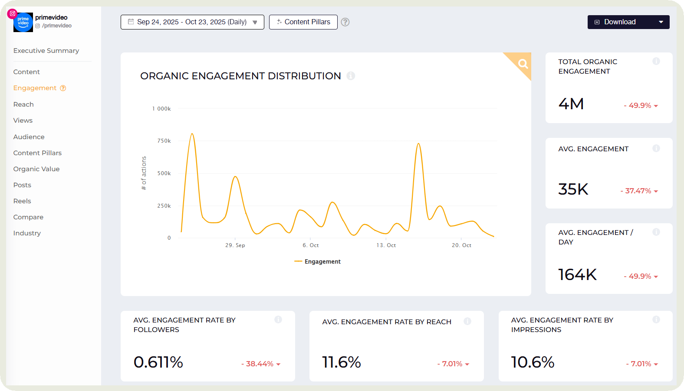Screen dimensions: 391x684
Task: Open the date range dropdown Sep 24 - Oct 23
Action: coord(192,22)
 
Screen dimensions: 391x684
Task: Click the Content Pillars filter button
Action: coord(303,22)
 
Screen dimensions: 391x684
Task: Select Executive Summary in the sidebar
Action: coord(46,51)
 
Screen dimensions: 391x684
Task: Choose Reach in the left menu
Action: coord(23,104)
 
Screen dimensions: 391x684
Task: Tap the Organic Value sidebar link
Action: coord(36,169)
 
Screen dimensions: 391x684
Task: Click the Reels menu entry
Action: coord(22,201)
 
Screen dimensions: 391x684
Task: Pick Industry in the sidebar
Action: coord(27,233)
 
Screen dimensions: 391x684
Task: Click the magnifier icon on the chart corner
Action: coord(523,64)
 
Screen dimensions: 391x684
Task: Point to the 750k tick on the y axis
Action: coord(164,141)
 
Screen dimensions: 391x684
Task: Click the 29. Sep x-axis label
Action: coord(235,245)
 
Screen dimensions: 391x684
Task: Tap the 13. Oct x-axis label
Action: coord(386,245)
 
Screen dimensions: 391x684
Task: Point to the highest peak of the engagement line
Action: coord(192,134)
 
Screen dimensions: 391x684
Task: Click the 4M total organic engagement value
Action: coord(571,104)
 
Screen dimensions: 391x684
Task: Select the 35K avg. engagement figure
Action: coord(573,189)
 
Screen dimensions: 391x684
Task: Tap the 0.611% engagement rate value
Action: coord(158,362)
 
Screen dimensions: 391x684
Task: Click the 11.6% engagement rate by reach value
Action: coord(341,362)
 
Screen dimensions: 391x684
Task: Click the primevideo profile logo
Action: coord(23,22)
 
